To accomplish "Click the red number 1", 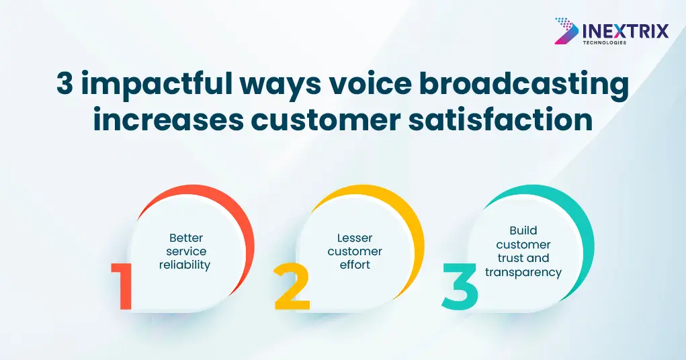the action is [x=123, y=287].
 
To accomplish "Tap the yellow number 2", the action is [x=292, y=287].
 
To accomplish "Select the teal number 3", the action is [x=460, y=287].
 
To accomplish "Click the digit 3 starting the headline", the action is [x=65, y=83].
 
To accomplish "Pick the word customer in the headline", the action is [x=325, y=121].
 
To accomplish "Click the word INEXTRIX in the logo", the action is [x=626, y=31].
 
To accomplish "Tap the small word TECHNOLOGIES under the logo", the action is [x=604, y=42].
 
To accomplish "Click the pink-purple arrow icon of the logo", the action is [x=566, y=31].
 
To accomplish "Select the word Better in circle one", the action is [x=186, y=238].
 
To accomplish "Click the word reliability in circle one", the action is [x=185, y=265].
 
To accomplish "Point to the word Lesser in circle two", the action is [x=355, y=238].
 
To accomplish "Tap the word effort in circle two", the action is [x=355, y=265].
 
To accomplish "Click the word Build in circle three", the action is [x=523, y=230].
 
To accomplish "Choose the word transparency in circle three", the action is [x=523, y=273].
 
